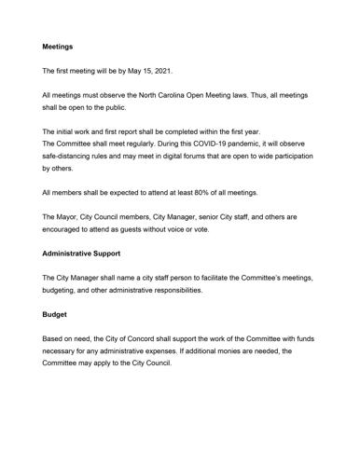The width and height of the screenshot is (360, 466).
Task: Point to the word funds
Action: pos(311,338)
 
